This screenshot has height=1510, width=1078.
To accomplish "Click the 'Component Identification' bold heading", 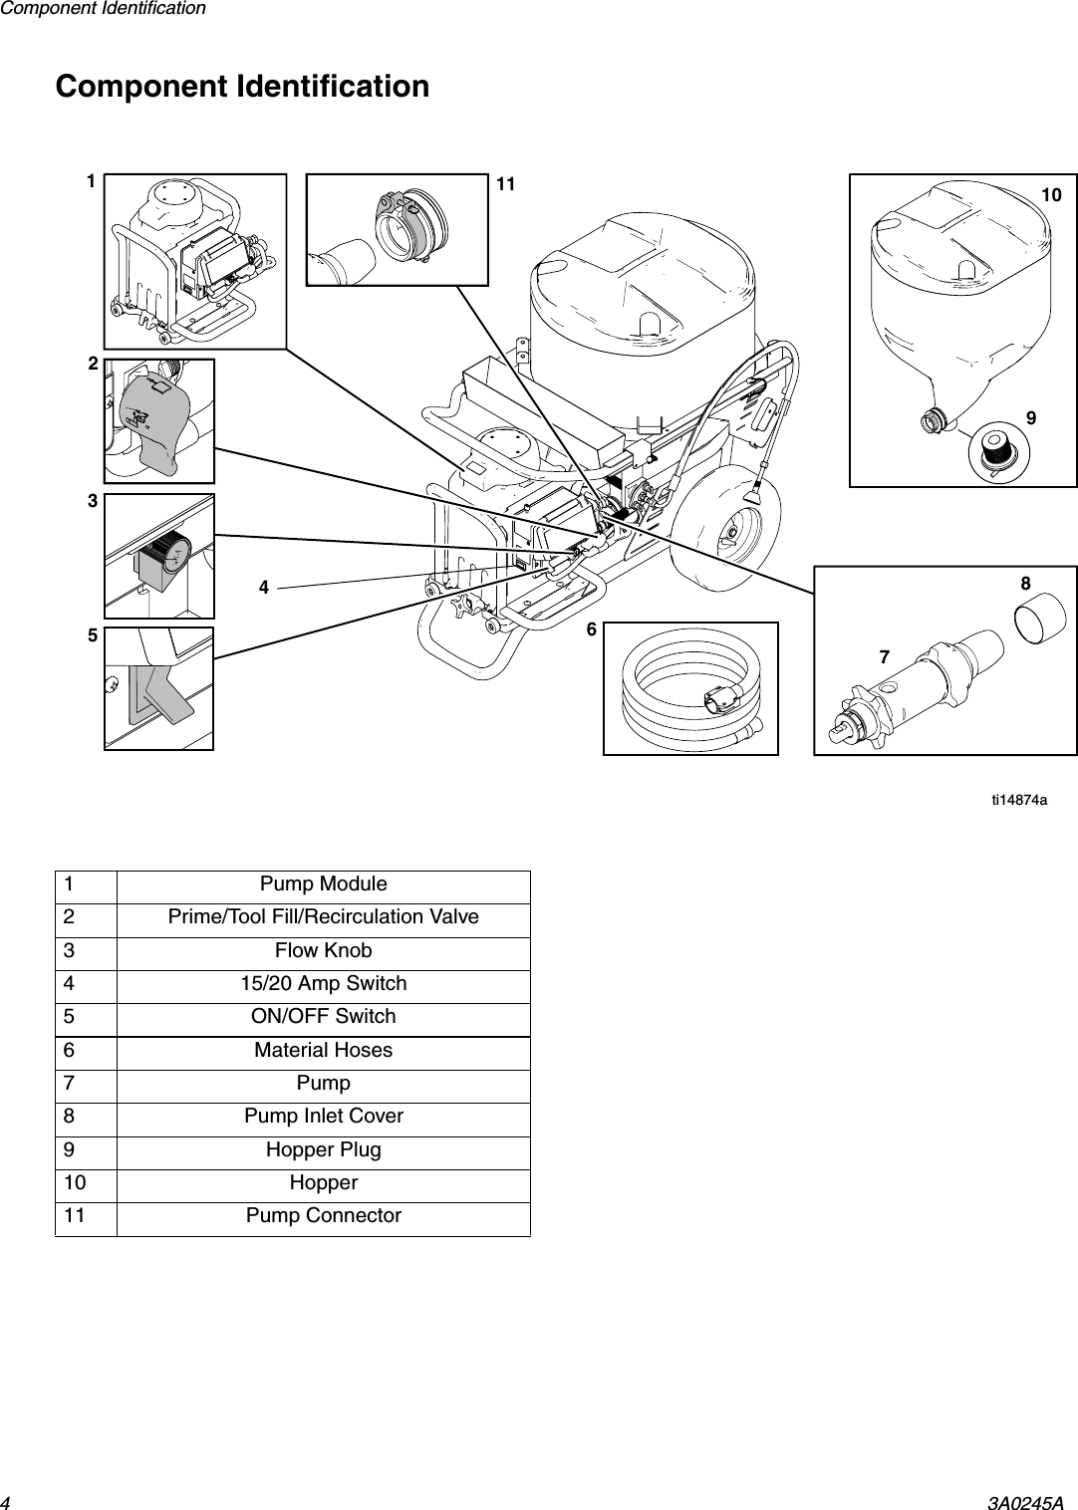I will pos(242,87).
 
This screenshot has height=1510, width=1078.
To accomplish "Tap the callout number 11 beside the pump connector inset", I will pos(506,184).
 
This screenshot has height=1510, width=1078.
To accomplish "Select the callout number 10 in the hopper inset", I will pos(1051,195).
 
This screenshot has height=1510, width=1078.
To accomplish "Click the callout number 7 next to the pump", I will pos(884,657).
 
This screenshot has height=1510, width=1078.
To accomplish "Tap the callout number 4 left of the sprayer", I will pos(264,588).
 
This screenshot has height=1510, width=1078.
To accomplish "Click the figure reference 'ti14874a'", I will pos(1018,800).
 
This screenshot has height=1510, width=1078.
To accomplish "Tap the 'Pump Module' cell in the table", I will pos(323,884).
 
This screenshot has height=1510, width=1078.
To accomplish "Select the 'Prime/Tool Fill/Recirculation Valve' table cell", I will pos(323,917).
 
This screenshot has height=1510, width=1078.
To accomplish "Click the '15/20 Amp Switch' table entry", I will pos(323,984).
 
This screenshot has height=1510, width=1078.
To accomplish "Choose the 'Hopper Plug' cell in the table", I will pos(323,1150).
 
